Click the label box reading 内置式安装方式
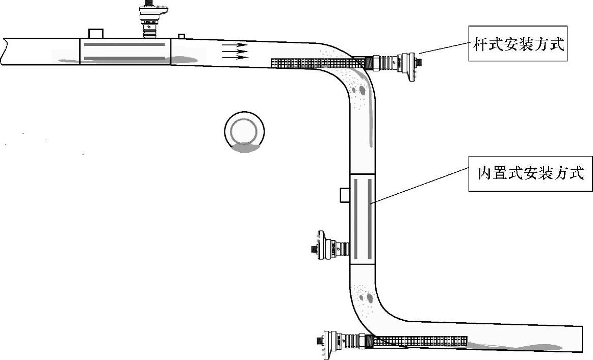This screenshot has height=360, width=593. (x=530, y=173)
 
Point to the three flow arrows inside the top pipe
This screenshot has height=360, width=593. (x=235, y=51)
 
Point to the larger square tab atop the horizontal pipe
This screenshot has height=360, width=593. (x=96, y=33)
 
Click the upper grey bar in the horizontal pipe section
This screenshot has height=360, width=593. (x=124, y=44)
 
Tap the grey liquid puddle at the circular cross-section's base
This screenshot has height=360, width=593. (x=246, y=148)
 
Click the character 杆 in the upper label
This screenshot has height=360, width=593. (x=480, y=45)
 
